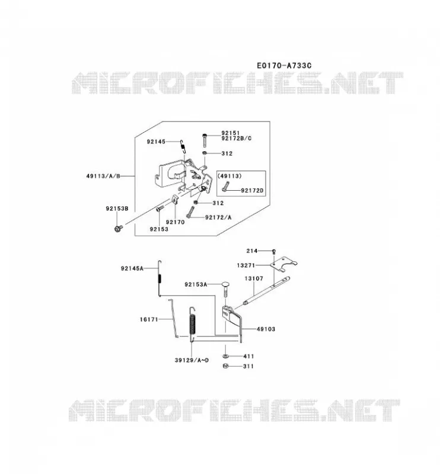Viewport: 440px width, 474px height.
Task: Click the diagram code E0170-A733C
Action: pos(284,65)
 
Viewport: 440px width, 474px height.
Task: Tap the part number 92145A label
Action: pos(132,268)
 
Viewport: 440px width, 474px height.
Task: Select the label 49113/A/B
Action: pos(103,176)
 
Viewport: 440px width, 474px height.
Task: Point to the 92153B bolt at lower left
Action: pos(119,228)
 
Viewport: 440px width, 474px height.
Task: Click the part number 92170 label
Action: pos(175,222)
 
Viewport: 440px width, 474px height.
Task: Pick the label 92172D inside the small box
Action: pos(252,190)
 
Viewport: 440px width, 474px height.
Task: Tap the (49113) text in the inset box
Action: pos(229,176)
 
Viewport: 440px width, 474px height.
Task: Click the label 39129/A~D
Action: pos(192,360)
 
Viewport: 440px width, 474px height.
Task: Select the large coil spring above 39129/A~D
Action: pos(193,324)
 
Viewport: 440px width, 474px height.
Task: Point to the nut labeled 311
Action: pos(225,366)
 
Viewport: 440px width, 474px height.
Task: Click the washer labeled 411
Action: pos(225,356)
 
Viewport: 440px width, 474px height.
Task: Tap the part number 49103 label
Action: pos(266,329)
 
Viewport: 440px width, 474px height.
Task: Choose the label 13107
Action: pos(254,278)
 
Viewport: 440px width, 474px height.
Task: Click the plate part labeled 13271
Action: pos(283,264)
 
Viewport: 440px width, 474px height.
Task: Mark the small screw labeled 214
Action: pos(274,251)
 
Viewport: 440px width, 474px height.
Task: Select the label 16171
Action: pos(149,319)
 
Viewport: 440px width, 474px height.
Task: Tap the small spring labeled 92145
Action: pos(183,146)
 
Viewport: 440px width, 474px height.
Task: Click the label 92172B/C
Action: pos(237,138)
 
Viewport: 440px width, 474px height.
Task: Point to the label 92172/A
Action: pos(218,217)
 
